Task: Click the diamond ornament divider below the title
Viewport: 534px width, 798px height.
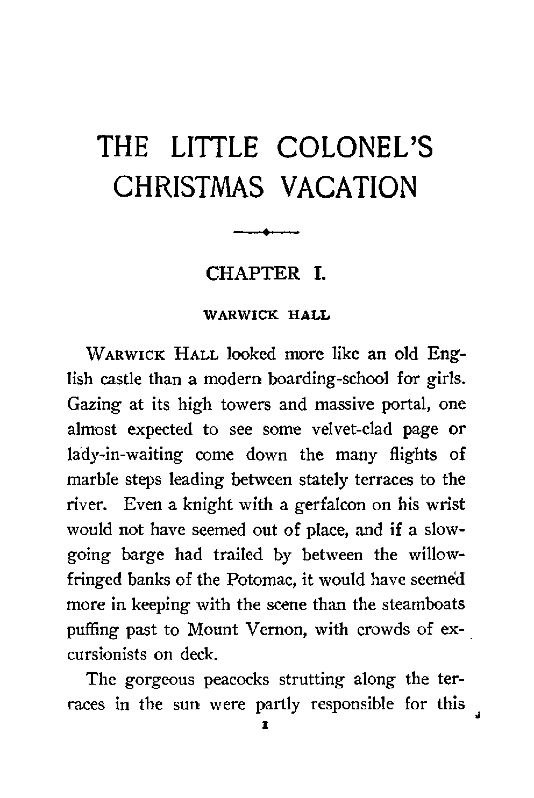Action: (x=266, y=232)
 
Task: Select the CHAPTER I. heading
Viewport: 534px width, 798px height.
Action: (x=266, y=273)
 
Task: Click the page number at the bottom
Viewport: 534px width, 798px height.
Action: (x=265, y=725)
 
